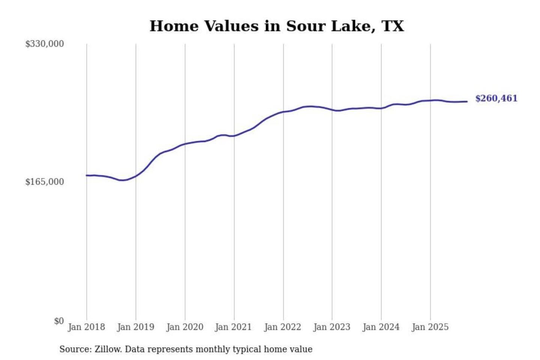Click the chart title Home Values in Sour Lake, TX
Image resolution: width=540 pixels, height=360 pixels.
277,26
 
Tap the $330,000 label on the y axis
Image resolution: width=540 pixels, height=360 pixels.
45,44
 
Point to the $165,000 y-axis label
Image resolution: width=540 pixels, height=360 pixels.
45,182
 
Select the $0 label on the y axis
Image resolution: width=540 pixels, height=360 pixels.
59,321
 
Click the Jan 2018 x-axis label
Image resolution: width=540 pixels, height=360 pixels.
86,327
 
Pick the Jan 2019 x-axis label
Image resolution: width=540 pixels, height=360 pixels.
135,327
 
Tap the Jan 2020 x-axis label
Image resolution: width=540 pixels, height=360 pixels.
184,327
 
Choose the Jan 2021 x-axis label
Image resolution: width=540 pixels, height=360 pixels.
233,327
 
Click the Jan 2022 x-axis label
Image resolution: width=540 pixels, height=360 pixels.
282,327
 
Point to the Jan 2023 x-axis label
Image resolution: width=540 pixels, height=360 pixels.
331,327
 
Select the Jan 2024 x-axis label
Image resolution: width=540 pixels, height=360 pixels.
381,327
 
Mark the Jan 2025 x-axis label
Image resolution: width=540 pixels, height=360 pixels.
430,327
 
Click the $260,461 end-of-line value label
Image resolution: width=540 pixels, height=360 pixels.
496,99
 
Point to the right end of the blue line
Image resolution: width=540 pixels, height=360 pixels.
467,102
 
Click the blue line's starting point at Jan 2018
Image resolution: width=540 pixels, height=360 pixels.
87,175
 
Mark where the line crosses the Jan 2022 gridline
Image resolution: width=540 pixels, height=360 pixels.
283,112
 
